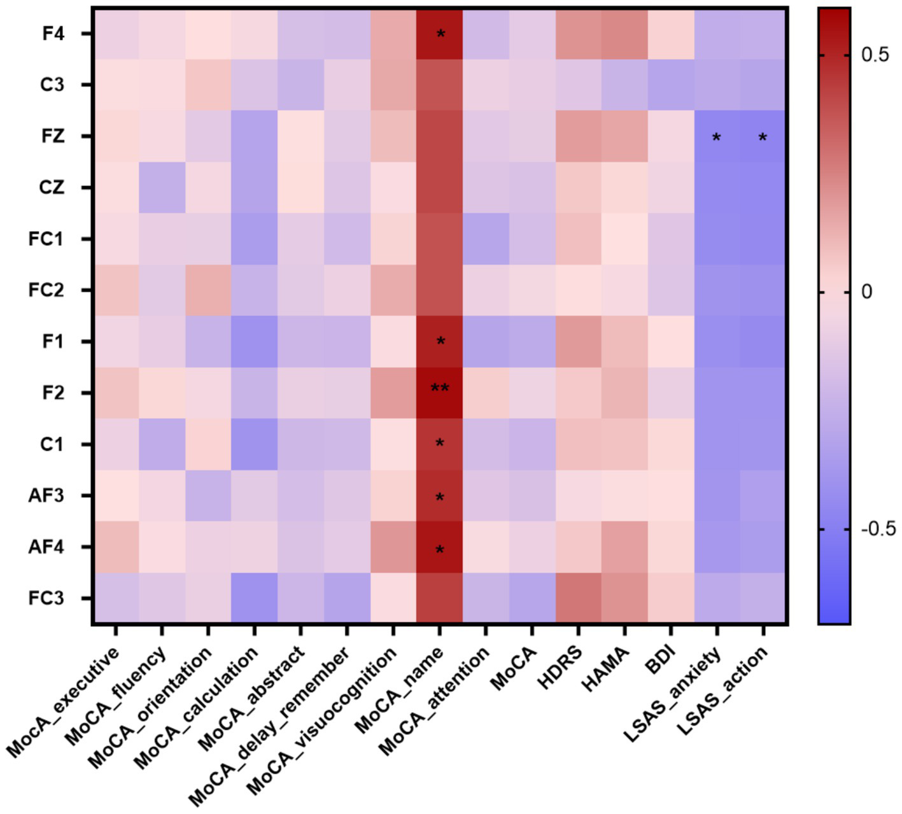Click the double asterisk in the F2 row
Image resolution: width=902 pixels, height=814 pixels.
pos(439,388)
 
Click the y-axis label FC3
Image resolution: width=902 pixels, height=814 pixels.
pos(46,598)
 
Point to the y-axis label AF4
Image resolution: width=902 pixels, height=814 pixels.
pos(46,547)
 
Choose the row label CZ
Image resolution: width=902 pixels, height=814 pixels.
pos(52,188)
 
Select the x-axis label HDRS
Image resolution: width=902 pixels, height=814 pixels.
pos(560,667)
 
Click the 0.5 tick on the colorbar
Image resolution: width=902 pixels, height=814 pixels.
pos(875,55)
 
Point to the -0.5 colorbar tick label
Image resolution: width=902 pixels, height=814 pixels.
pos(878,529)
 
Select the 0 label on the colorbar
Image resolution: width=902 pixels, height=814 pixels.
pos(866,292)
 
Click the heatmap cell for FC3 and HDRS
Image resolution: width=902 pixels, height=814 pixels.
pos(578,598)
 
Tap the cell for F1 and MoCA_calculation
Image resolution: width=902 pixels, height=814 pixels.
pos(254,341)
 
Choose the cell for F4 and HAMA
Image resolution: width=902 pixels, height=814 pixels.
pos(624,33)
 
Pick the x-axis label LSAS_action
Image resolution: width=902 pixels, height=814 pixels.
pos(723,691)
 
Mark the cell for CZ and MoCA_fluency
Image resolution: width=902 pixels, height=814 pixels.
pos(162,187)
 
